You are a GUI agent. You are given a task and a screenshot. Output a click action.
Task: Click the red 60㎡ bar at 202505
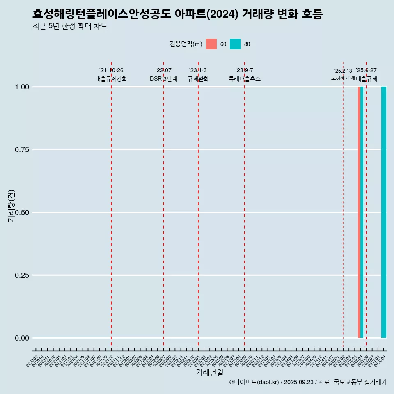click(359, 212)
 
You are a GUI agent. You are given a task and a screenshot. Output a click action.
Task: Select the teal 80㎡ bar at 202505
click(362, 212)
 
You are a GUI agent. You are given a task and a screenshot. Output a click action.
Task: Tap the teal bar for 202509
click(384, 212)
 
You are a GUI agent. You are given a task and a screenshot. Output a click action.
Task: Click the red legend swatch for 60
click(211, 44)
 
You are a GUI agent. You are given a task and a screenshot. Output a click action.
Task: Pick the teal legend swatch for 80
click(235, 44)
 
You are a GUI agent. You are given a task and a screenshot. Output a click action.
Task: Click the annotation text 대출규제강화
click(111, 79)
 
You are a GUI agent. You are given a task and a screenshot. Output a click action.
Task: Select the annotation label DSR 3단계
click(163, 79)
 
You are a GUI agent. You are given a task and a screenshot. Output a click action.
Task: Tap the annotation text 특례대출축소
click(245, 79)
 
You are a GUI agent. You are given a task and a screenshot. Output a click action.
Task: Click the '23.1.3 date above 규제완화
click(198, 71)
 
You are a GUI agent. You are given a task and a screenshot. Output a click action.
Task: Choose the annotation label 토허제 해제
click(343, 78)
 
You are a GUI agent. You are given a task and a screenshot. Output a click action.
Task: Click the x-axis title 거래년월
click(210, 373)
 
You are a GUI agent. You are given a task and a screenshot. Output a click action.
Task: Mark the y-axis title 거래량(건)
click(11, 206)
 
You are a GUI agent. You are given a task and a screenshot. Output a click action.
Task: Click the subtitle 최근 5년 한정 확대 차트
click(70, 26)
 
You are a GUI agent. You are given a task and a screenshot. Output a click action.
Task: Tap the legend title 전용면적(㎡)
click(186, 44)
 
